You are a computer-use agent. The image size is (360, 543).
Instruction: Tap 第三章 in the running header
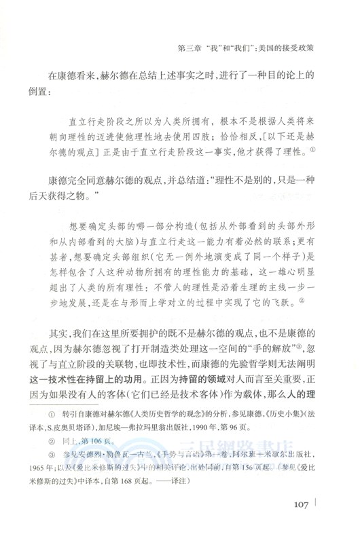click(190, 49)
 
